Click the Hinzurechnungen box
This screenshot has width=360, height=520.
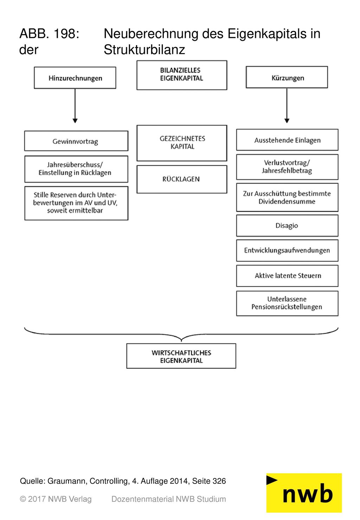75,78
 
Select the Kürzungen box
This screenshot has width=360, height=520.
287,77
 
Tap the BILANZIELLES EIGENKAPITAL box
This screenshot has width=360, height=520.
182,75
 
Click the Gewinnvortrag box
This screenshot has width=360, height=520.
76,141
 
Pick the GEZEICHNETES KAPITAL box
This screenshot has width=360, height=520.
182,143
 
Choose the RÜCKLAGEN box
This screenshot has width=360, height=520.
182,179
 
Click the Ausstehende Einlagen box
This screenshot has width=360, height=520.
287,140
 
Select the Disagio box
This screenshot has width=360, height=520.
287,225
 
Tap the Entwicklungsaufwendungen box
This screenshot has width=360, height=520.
287,250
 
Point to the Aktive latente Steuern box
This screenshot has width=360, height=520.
287,276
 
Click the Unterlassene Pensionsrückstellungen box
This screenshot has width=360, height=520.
287,303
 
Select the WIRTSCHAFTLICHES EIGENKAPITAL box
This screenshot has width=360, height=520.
181,356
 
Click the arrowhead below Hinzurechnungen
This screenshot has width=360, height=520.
75,121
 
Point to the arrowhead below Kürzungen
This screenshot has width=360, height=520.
287,121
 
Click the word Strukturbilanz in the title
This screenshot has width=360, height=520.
144,50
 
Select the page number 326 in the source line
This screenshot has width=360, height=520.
219,481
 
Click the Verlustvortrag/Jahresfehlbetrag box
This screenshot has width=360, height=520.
287,167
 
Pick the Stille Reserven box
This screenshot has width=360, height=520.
76,203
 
